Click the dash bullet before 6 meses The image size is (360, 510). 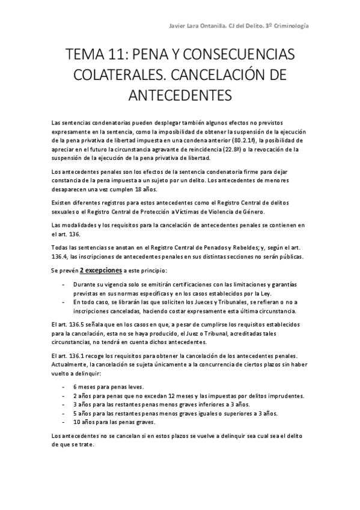pos(63,387)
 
